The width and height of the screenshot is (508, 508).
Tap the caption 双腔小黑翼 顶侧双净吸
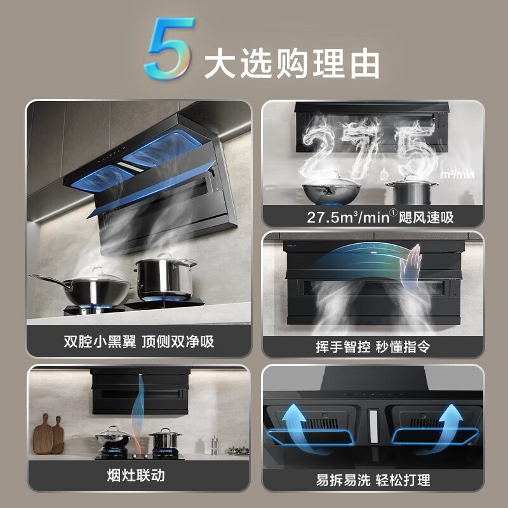[138, 342]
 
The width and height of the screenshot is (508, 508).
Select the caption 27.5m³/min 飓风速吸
[372, 217]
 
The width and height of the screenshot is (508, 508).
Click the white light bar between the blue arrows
[373, 425]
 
